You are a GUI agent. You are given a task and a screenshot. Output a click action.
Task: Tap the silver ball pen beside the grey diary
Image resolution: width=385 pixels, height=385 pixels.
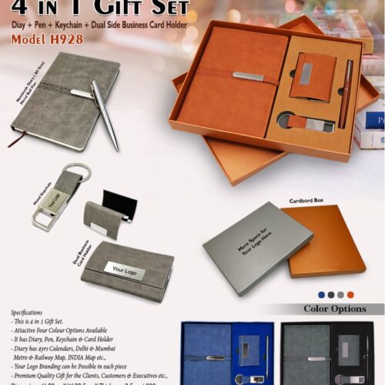coord(105,115)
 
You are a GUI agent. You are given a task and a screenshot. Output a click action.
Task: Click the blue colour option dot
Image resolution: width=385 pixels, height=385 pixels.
coord(321,294)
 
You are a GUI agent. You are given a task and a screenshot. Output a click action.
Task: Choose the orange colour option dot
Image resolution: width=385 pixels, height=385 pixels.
coord(350,294)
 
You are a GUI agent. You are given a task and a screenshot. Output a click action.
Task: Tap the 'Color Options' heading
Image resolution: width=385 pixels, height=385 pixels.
coord(334,309)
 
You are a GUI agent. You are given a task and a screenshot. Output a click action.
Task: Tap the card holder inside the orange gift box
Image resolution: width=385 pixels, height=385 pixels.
coord(313,76)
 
